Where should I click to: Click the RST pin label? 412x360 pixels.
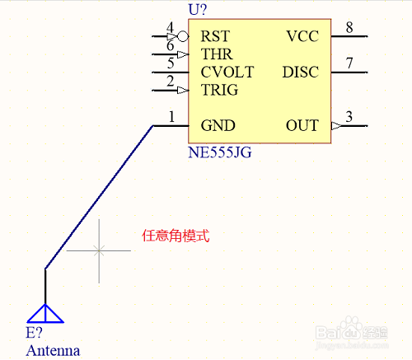(215, 36)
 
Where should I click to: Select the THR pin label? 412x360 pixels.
(217, 54)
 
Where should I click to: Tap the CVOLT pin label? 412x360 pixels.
(227, 72)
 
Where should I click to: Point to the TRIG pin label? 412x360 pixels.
(219, 90)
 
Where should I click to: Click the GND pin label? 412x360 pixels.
(218, 125)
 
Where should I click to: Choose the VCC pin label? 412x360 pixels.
(302, 36)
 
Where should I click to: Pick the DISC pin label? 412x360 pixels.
(301, 72)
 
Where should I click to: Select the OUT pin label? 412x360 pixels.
(302, 125)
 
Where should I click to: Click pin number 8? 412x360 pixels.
(349, 27)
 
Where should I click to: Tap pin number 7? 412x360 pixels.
(349, 63)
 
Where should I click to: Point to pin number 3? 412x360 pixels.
(349, 117)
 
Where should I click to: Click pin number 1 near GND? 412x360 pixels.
(171, 117)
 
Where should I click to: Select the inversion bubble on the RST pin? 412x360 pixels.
(183, 36)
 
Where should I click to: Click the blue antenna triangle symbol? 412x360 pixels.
(45, 313)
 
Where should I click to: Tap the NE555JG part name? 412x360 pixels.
(220, 152)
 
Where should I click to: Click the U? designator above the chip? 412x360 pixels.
(198, 9)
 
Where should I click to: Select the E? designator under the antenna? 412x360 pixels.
(34, 333)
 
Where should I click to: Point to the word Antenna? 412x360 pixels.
(53, 351)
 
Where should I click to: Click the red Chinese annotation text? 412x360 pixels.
(176, 236)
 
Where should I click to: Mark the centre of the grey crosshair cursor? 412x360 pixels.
(99, 250)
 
